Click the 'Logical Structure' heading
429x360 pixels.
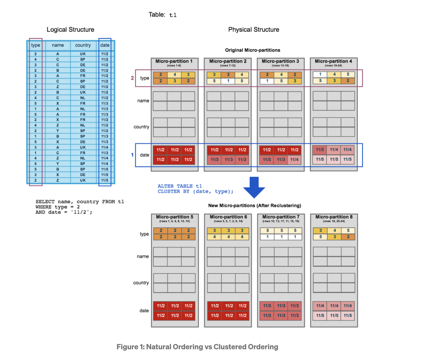pyautogui.click(x=70, y=30)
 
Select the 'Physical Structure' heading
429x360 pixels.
pyautogui.click(x=254, y=30)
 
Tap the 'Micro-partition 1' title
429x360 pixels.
pyautogui.click(x=174, y=61)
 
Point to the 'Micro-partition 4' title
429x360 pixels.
pyautogui.click(x=333, y=61)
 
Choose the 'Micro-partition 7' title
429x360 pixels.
pyautogui.click(x=281, y=217)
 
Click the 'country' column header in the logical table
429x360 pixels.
pyautogui.click(x=83, y=45)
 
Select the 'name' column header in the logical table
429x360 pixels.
pyautogui.click(x=58, y=45)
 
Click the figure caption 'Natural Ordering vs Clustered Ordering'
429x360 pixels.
pyautogui.click(x=197, y=347)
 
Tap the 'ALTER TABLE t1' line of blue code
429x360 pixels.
pyautogui.click(x=180, y=186)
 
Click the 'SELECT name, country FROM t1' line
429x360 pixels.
pyautogui.click(x=80, y=202)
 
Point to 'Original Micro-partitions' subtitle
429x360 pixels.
pyautogui.click(x=252, y=50)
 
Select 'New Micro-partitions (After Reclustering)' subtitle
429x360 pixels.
pyautogui.click(x=255, y=206)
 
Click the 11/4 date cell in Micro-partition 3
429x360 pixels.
pyautogui.click(x=294, y=160)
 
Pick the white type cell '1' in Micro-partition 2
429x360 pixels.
pyautogui.click(x=228, y=81)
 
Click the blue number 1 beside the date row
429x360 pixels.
pyautogui.click(x=132, y=155)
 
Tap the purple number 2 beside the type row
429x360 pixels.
pyautogui.click(x=132, y=78)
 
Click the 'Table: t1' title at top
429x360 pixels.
pyautogui.click(x=162, y=15)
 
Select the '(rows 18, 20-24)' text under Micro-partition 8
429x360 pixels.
pyautogui.click(x=334, y=221)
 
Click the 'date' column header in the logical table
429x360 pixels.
pyautogui.click(x=105, y=45)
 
